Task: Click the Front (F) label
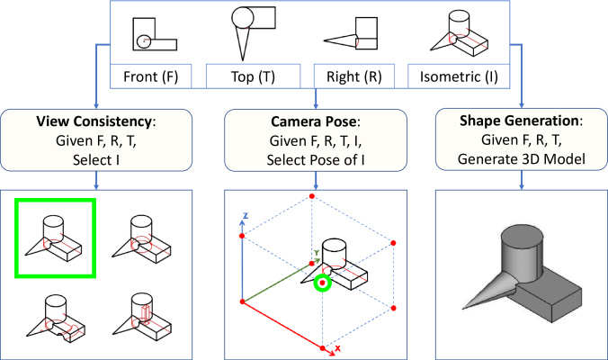click(151, 76)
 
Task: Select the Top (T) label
click(253, 76)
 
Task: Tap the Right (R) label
click(354, 76)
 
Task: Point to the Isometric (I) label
click(459, 76)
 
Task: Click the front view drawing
click(155, 34)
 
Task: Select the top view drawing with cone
click(254, 33)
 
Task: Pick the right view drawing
click(351, 33)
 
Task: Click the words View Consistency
click(94, 121)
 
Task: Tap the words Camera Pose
click(313, 121)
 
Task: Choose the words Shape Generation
click(519, 121)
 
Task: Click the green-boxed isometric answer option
click(55, 238)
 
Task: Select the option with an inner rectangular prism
click(142, 319)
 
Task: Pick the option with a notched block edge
click(56, 319)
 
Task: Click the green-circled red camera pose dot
click(322, 283)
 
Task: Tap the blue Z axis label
click(245, 216)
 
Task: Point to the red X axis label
click(338, 348)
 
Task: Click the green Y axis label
click(317, 253)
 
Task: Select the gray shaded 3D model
click(522, 273)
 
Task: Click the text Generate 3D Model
click(521, 159)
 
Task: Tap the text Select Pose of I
click(316, 160)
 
